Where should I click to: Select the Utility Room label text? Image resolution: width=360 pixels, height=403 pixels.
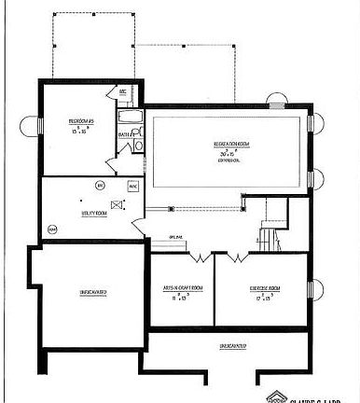(95, 213)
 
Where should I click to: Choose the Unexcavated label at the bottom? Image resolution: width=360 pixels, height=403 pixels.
(232, 345)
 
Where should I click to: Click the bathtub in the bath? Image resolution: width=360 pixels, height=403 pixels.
(129, 118)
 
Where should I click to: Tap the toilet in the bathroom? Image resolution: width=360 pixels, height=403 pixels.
(138, 144)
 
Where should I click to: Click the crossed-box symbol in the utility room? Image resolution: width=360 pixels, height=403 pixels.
(117, 205)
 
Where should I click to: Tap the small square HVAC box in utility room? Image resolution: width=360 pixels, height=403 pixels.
(132, 186)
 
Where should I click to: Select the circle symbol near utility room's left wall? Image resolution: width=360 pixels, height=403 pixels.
(52, 229)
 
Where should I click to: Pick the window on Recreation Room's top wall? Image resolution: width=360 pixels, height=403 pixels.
(275, 100)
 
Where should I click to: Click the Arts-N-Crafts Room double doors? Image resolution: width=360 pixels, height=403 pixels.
(199, 255)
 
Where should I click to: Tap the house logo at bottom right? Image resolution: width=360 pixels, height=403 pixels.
(276, 396)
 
